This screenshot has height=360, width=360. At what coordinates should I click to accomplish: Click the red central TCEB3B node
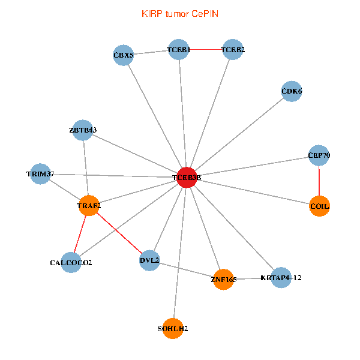point(187,178)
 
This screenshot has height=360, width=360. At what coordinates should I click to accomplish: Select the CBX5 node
point(123,56)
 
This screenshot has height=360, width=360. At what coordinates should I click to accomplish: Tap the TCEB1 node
point(179,50)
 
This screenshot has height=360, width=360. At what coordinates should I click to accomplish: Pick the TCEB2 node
point(232,50)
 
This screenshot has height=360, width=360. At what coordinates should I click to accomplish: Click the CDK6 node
point(292,92)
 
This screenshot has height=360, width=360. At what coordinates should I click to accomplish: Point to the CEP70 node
point(319,155)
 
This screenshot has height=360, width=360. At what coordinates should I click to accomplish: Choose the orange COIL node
point(319,206)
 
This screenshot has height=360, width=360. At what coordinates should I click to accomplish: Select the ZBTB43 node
point(83,130)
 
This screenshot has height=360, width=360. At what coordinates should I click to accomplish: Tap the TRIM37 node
point(40,174)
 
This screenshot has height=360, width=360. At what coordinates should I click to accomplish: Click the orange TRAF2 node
point(89,206)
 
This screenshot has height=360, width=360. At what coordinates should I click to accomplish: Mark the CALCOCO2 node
point(71,263)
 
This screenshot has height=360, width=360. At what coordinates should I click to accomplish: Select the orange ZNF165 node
point(223,280)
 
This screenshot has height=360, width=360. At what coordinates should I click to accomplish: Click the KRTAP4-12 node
point(280,278)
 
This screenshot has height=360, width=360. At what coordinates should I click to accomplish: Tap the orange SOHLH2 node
point(173,328)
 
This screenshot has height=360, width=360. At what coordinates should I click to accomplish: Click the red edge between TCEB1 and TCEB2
point(206,50)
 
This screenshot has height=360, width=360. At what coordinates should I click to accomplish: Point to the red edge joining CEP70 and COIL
point(319,181)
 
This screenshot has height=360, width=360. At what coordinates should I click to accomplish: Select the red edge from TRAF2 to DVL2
point(119,233)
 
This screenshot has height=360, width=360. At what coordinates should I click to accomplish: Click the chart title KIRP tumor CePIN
point(179,13)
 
